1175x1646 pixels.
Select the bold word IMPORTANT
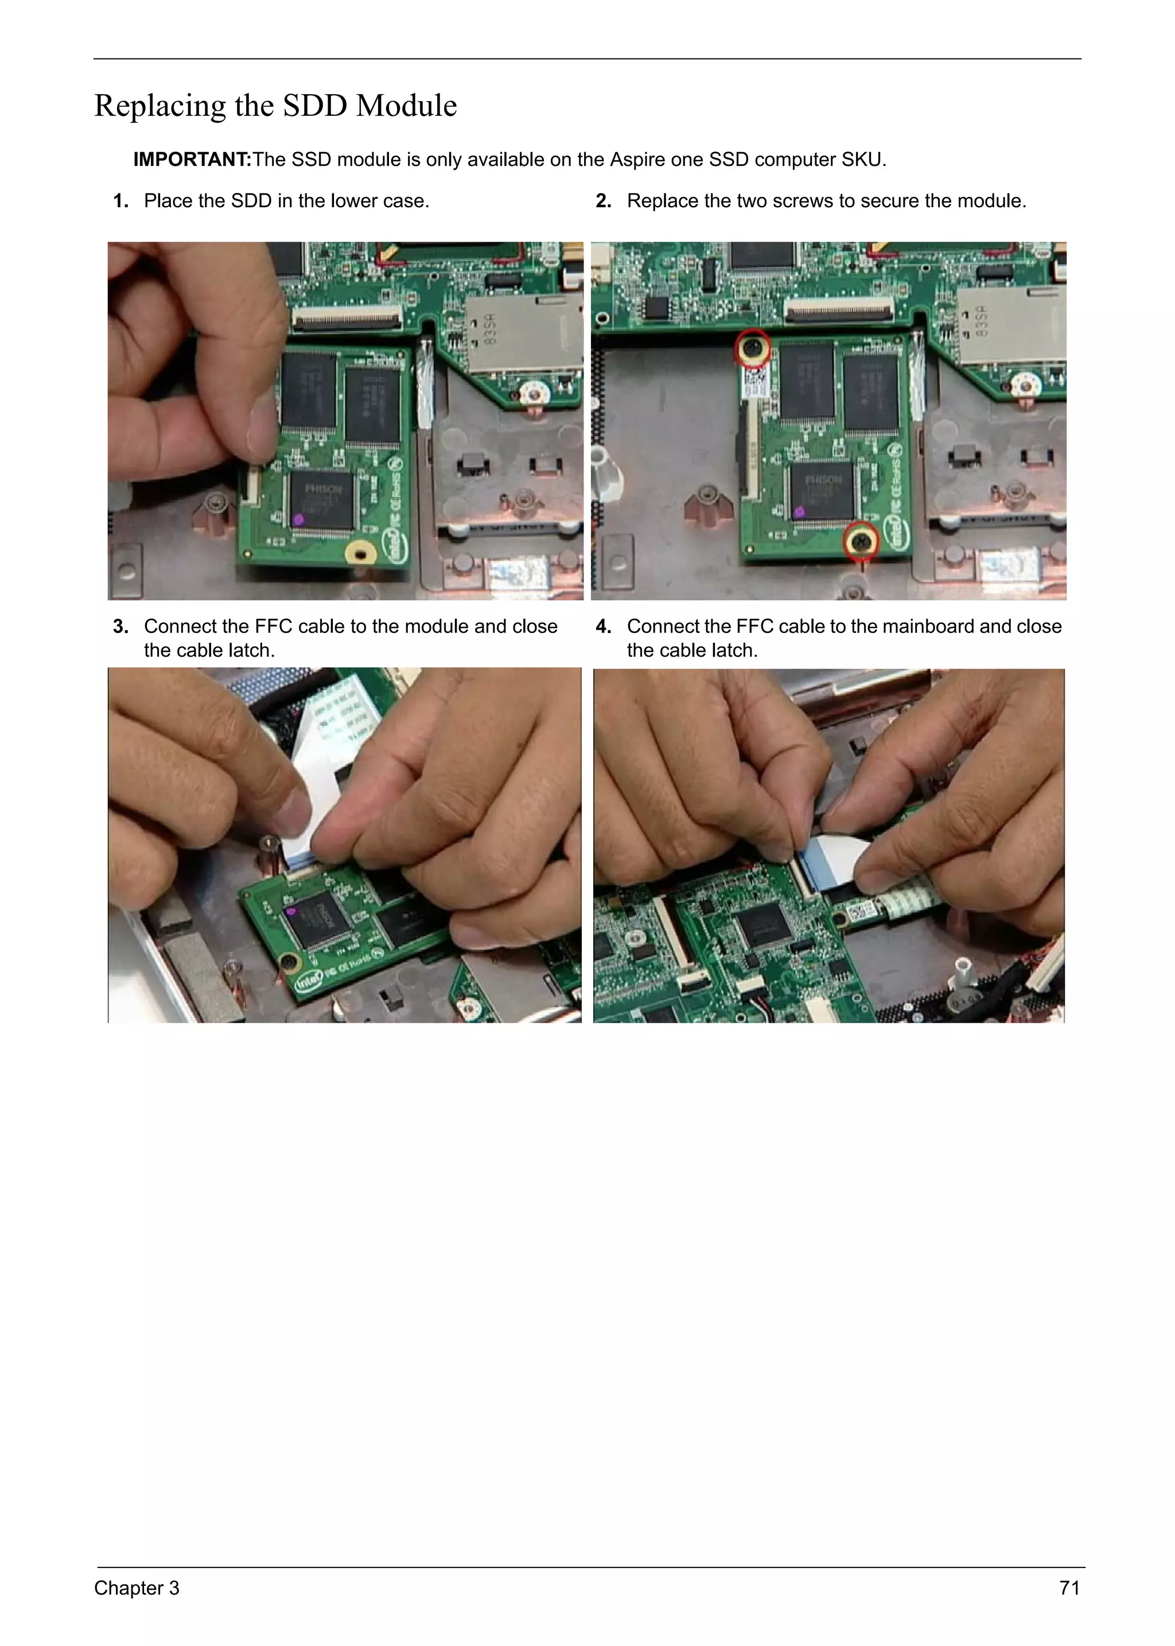(x=191, y=159)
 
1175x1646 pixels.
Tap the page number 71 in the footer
(x=1069, y=1587)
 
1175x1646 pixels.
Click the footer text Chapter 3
(x=137, y=1587)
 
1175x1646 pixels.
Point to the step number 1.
(x=120, y=201)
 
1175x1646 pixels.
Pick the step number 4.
(x=602, y=626)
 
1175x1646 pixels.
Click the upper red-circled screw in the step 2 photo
(x=753, y=349)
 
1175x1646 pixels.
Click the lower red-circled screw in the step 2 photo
(x=861, y=541)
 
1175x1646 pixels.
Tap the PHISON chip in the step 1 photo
(x=322, y=498)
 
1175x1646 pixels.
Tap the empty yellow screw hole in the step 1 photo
(x=360, y=554)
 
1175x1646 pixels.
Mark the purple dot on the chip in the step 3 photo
(x=291, y=911)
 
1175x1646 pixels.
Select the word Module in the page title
(x=407, y=106)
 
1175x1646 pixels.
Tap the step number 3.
(x=120, y=626)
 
